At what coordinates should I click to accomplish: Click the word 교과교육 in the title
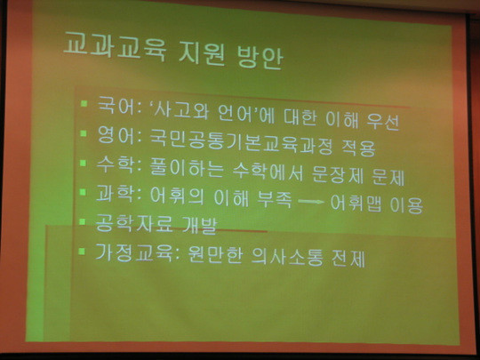pos(115,47)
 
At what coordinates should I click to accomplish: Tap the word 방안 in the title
pos(260,57)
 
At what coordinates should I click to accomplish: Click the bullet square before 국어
pos(84,103)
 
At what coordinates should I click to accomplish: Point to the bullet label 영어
pos(116,135)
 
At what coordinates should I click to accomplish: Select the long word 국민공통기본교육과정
pos(241,143)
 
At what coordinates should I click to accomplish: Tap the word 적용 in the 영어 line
pos(358,148)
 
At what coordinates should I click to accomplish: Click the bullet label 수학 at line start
pos(115,165)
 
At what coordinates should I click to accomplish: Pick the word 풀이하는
pos(187,167)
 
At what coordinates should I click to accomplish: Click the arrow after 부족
pos(311,202)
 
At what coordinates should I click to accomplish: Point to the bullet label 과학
pos(115,194)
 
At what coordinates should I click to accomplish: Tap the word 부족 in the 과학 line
pos(275,199)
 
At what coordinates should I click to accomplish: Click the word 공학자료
pos(134,222)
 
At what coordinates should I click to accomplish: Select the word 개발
pos(200,225)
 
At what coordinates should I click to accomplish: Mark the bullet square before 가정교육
pos(82,252)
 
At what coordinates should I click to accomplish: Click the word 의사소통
pos(287,256)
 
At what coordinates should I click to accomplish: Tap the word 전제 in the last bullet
pos(348,259)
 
